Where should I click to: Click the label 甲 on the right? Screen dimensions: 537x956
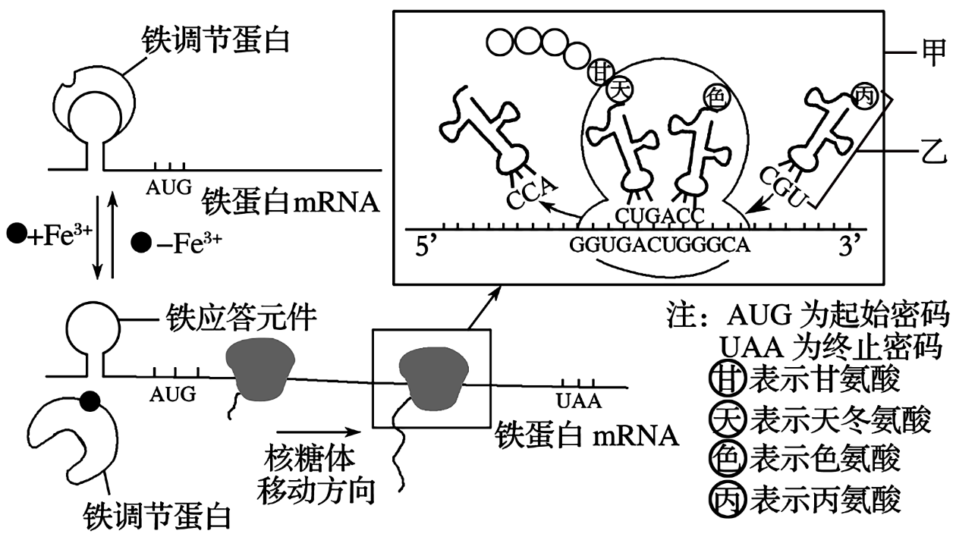938,51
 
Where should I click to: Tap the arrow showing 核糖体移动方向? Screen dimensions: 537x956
313,433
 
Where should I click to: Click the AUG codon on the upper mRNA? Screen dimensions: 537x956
171,185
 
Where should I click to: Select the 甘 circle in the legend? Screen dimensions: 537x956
725,378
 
